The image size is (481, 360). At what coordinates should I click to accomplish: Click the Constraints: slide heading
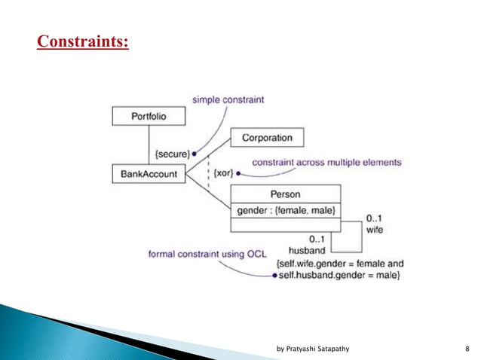pyautogui.click(x=83, y=40)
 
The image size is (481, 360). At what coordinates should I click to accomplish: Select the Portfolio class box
pyautogui.click(x=149, y=116)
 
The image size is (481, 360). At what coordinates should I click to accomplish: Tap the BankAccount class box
pyautogui.click(x=149, y=174)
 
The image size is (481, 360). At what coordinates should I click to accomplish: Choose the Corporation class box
pyautogui.click(x=267, y=139)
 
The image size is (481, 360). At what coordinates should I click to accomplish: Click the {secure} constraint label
pyautogui.click(x=171, y=154)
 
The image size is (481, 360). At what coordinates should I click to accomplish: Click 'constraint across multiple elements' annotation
pyautogui.click(x=326, y=162)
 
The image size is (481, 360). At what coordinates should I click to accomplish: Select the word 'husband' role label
pyautogui.click(x=307, y=249)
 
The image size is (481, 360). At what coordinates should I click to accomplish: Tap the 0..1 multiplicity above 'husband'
pyautogui.click(x=313, y=238)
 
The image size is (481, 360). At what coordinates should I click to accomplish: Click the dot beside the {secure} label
pyautogui.click(x=194, y=154)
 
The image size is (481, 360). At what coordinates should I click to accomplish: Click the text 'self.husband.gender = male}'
pyautogui.click(x=339, y=276)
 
